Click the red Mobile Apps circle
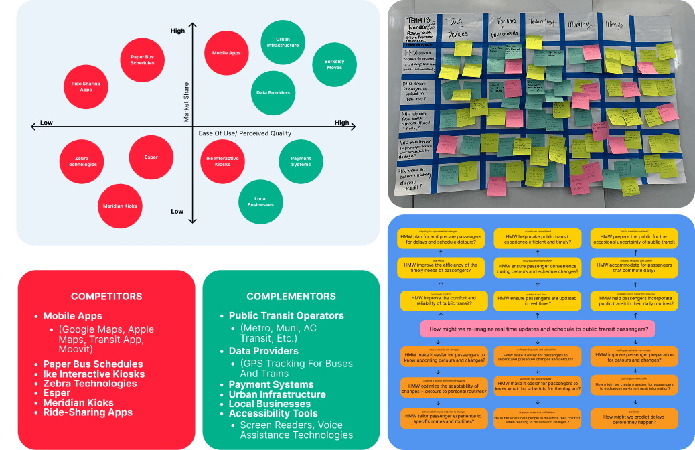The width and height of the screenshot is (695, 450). coord(226,53)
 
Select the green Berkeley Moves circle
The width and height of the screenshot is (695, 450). coord(333,64)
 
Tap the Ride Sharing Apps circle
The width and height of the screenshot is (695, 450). coord(86,86)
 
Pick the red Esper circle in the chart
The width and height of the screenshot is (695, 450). coord(151,157)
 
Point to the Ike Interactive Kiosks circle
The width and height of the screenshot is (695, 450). coord(222,161)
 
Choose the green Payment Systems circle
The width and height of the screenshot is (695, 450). coord(301,161)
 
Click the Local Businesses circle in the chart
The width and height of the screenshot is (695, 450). coord(260,202)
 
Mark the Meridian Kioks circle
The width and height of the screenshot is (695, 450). coord(121,206)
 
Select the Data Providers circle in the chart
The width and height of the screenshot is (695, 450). coord(273,92)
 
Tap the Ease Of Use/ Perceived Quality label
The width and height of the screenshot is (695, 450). coord(244,134)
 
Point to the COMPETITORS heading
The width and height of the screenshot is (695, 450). coord(106,296)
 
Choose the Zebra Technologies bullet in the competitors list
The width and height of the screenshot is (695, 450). coord(90,384)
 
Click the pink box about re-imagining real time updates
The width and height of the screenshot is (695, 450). coord(538,329)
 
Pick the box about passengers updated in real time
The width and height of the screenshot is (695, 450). coord(538,303)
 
